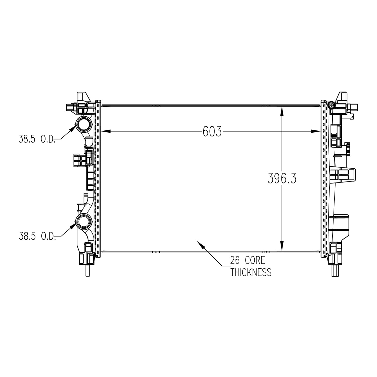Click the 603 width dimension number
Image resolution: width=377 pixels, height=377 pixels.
pyautogui.click(x=212, y=131)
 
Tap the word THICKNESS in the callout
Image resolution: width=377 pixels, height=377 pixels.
pyautogui.click(x=251, y=272)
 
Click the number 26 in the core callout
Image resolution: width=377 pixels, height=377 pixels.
pyautogui.click(x=235, y=261)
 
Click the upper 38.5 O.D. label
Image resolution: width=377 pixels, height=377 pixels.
pyautogui.click(x=37, y=139)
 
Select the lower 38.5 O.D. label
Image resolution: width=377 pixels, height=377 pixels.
pyautogui.click(x=37, y=236)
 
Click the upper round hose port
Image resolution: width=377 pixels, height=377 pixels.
pyautogui.click(x=83, y=124)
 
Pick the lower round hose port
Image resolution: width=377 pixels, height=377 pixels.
pyautogui.click(x=83, y=221)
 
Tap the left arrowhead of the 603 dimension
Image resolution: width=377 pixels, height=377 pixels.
pyautogui.click(x=106, y=131)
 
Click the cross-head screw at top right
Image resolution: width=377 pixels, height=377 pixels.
pyautogui.click(x=332, y=104)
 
